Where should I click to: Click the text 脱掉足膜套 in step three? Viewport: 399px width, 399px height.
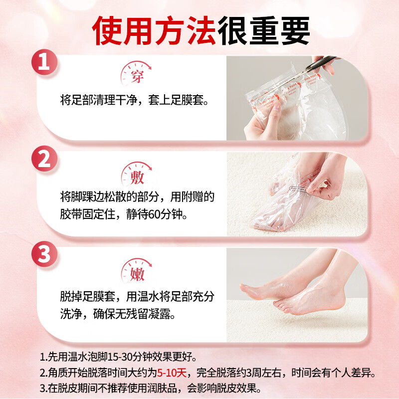(x=83, y=297)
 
